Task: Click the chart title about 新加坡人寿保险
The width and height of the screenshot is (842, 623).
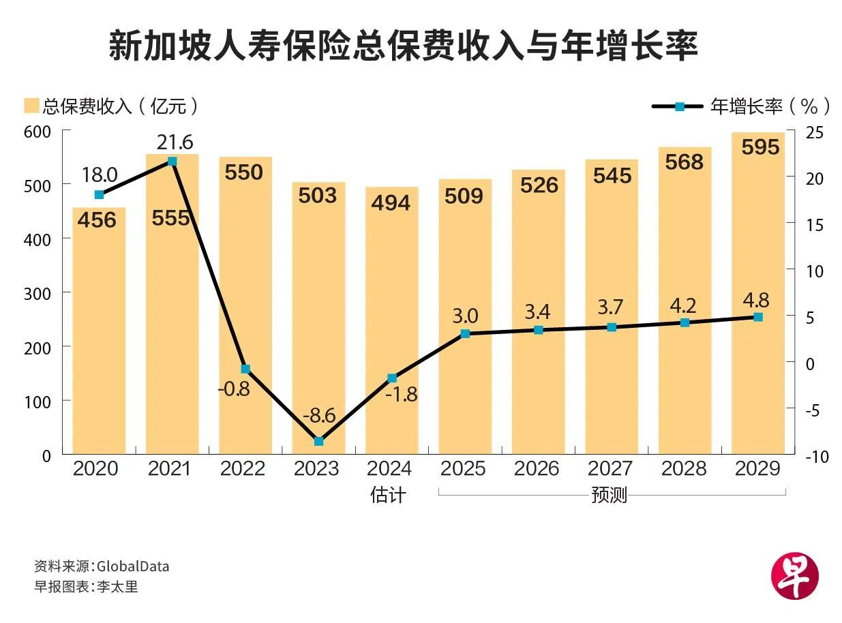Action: [403, 47]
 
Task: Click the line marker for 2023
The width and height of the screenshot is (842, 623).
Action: [318, 441]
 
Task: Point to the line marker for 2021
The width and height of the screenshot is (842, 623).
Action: [172, 162]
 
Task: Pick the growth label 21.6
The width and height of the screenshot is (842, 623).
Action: [175, 142]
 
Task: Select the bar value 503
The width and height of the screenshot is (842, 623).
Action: [318, 196]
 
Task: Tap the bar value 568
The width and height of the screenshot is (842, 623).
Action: [684, 162]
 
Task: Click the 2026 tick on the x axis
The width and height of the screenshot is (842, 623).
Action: [537, 469]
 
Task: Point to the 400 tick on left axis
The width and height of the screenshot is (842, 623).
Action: [37, 239]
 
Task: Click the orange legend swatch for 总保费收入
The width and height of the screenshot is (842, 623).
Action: [31, 106]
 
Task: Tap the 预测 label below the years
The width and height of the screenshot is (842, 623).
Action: [610, 495]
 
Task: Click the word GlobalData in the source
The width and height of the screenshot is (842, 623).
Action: [133, 566]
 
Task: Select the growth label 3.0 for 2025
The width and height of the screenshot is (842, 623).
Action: [464, 316]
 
